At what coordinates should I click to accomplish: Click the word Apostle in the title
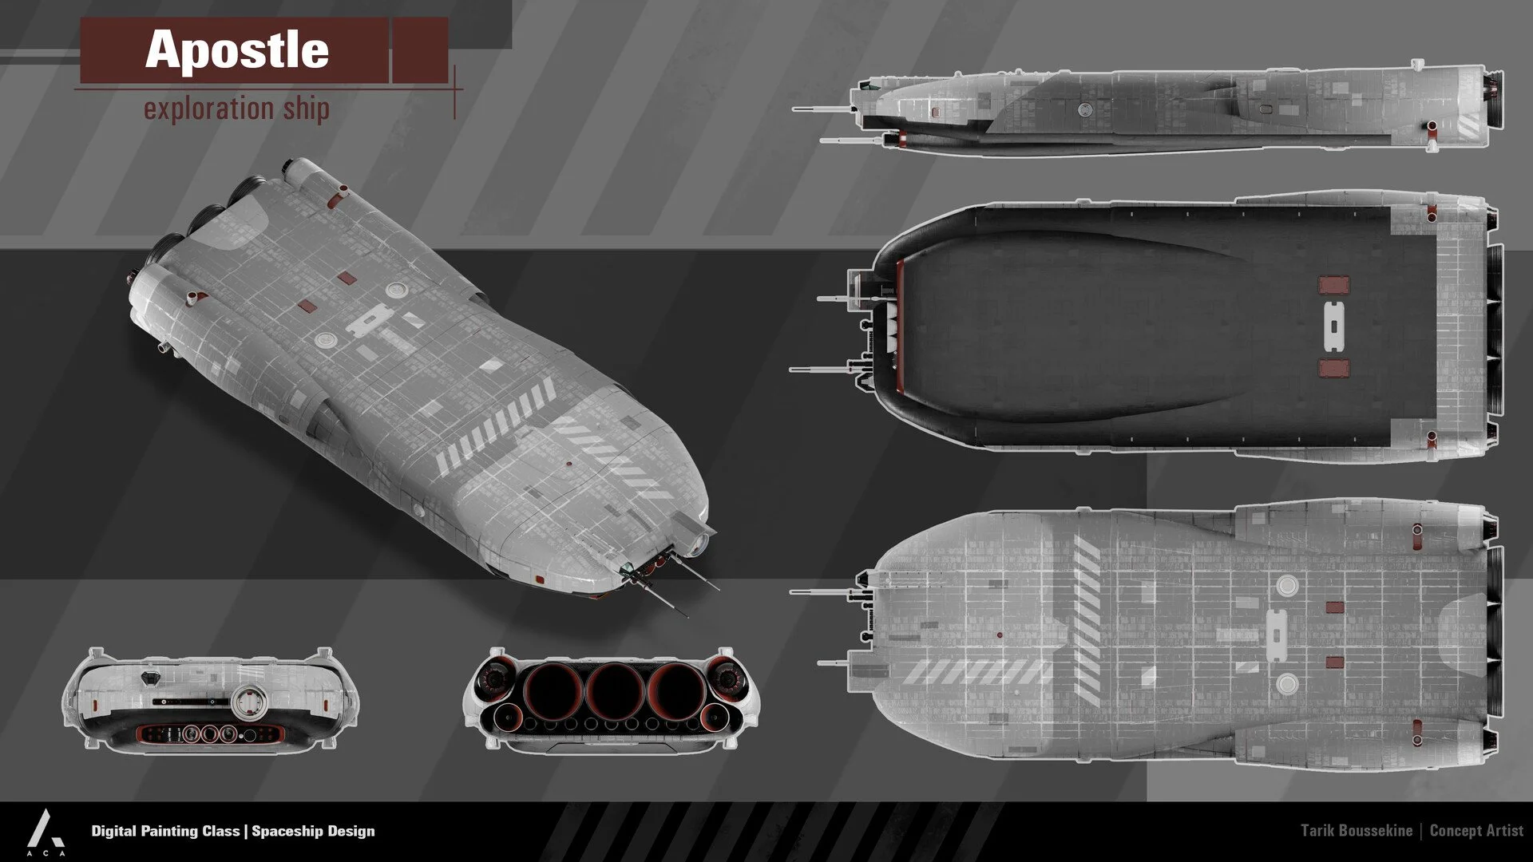coord(236,49)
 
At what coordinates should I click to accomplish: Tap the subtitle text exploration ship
coord(236,108)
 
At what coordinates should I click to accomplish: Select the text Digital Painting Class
coord(165,831)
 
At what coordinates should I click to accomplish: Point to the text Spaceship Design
coord(313,831)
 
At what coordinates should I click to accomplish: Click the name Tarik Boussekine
coord(1356,831)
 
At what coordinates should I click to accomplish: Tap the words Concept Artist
coord(1476,831)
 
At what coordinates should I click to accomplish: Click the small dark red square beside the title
coord(420,49)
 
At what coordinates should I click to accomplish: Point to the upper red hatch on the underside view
coord(1333,285)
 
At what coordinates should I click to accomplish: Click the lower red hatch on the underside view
coord(1333,368)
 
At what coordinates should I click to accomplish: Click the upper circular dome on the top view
coord(1285,585)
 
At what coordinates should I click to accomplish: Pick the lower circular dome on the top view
coord(1285,684)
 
